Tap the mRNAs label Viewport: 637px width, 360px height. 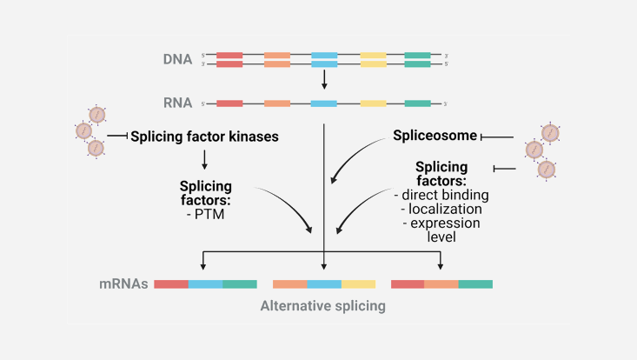click(124, 283)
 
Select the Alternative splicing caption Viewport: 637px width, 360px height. click(322, 307)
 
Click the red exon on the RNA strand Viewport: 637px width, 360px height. click(229, 104)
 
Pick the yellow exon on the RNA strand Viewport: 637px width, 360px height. click(372, 104)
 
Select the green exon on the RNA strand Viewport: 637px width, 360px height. click(417, 104)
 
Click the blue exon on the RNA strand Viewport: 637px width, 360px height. click(324, 104)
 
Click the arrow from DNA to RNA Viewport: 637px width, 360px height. click(324, 80)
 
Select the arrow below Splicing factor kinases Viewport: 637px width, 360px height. click(203, 158)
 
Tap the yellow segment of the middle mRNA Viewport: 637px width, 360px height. click(358, 283)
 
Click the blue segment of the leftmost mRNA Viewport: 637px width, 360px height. click(205, 283)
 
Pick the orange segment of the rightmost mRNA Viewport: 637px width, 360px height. click(441, 283)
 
